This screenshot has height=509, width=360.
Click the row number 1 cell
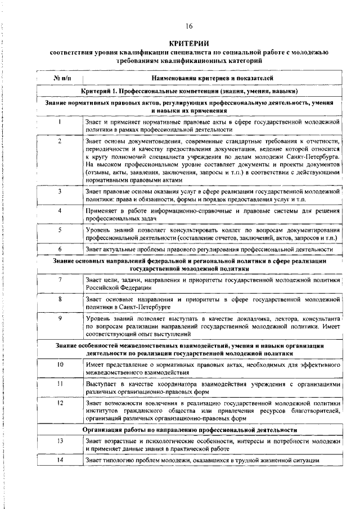pos(60,121)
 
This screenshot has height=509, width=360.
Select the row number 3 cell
pos(60,192)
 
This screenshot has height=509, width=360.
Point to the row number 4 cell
pos(60,210)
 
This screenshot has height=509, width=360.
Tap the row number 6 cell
pos(60,249)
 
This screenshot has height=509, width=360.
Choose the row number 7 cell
pos(60,280)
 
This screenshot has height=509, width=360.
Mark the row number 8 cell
pos(60,299)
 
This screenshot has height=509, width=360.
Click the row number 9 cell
pos(60,318)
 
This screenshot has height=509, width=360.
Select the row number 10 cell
pos(60,364)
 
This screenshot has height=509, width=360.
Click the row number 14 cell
pos(60,461)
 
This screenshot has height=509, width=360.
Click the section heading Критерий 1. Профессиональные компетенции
pos(189,91)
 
